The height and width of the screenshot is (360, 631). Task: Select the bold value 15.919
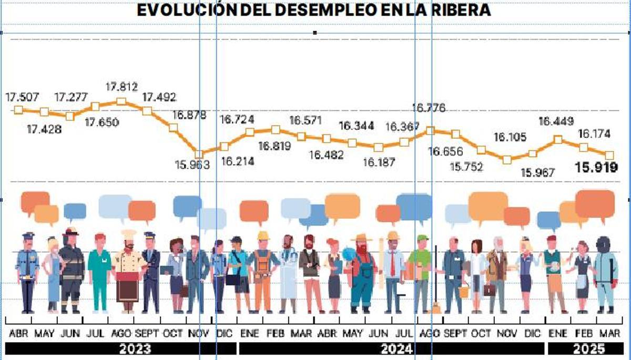(x=596, y=168)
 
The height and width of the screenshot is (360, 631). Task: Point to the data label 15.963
(x=192, y=164)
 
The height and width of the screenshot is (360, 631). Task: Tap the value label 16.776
(x=429, y=108)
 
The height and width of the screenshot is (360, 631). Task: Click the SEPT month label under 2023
(x=147, y=333)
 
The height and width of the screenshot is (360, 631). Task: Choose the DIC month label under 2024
(x=532, y=333)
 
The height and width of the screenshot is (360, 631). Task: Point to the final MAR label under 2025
(x=610, y=333)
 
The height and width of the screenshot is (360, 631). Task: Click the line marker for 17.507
(x=18, y=110)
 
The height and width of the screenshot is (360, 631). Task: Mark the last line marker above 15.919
(x=609, y=155)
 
